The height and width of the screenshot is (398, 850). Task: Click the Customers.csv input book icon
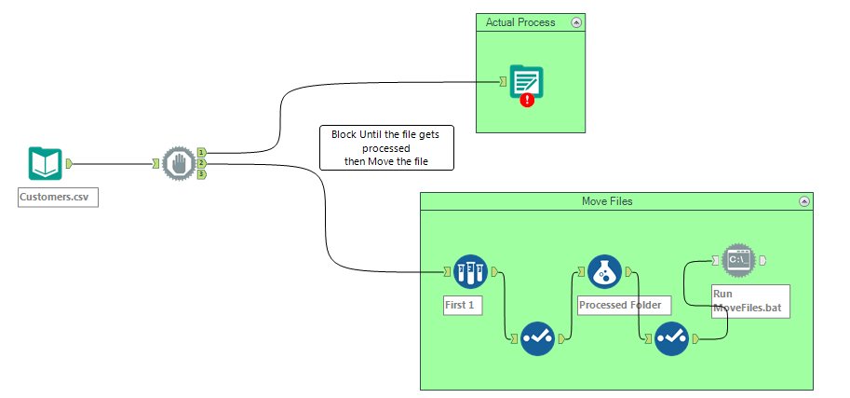[x=45, y=164]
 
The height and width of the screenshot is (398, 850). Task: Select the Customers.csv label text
[x=59, y=197]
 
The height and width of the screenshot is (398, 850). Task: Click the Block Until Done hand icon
[x=178, y=164]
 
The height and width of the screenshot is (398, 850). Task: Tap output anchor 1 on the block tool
[x=201, y=152]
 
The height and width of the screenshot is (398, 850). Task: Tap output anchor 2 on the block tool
[x=201, y=163]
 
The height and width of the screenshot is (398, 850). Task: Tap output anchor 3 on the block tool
[x=201, y=174]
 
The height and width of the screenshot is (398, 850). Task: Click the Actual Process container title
[x=520, y=21]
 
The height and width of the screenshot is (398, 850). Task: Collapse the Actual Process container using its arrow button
[x=576, y=21]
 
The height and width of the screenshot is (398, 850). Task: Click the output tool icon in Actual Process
[x=526, y=82]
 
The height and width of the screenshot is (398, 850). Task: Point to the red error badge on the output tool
[x=528, y=99]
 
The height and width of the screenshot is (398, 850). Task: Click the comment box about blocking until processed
[x=385, y=148]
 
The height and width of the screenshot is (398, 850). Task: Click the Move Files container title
[x=607, y=200]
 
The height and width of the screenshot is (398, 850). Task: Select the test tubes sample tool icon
[x=470, y=271]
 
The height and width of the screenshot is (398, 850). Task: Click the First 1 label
[x=463, y=305]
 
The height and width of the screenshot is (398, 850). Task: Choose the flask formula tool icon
[x=604, y=271]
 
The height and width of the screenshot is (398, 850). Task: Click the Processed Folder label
[x=624, y=305]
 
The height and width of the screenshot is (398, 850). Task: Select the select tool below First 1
[x=537, y=338]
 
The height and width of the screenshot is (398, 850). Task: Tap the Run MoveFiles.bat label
[x=750, y=300]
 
